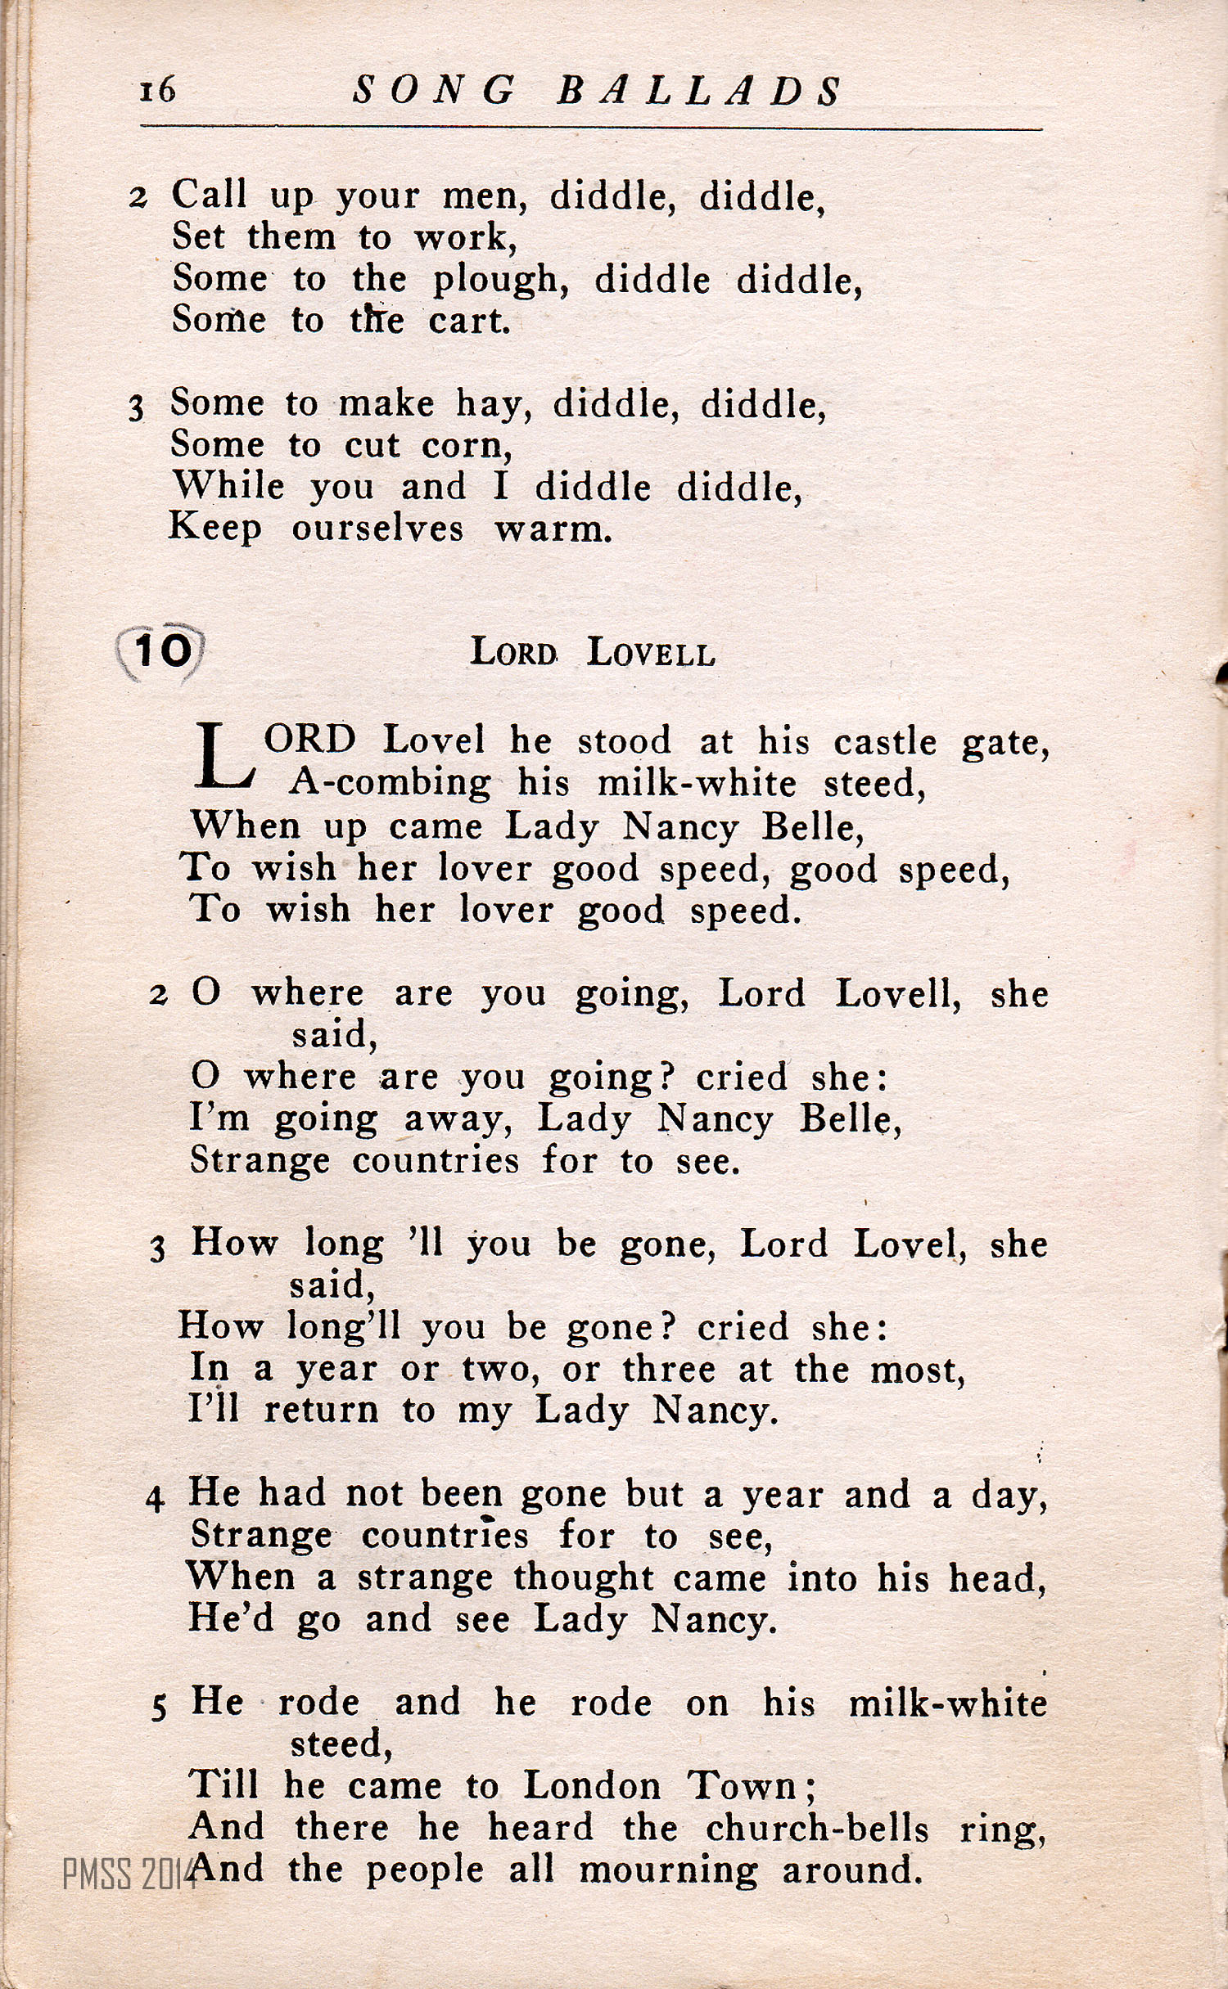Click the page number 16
(x=157, y=89)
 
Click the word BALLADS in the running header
(x=700, y=90)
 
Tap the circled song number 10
(x=163, y=651)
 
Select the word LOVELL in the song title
(x=651, y=653)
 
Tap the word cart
(x=469, y=321)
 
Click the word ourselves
(x=377, y=529)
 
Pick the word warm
(x=553, y=529)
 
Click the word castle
(x=884, y=741)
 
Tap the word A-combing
(x=390, y=784)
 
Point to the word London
(x=592, y=1785)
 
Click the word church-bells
(x=816, y=1828)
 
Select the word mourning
(x=668, y=1871)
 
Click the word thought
(x=583, y=1577)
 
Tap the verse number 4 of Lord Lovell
(x=156, y=1499)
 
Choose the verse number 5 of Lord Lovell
(x=159, y=1708)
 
